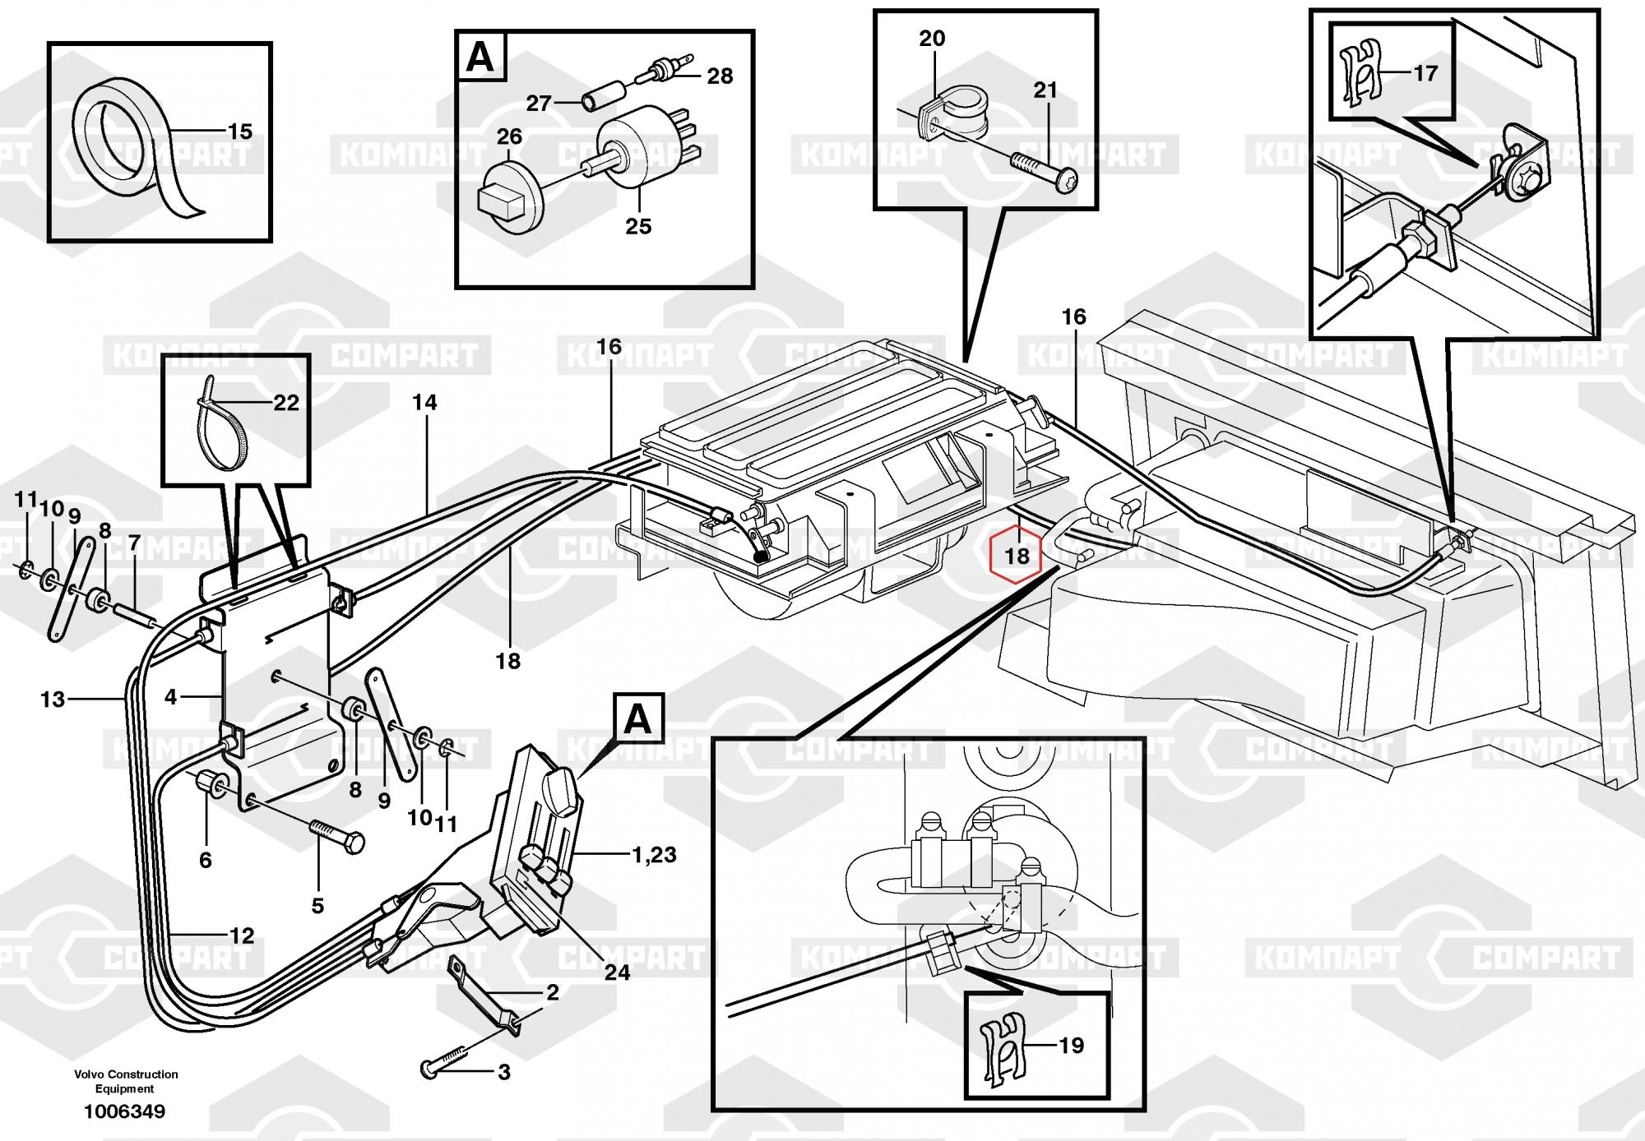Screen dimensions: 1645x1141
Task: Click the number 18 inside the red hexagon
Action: pos(1017,557)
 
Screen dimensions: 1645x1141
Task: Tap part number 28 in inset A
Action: pos(720,76)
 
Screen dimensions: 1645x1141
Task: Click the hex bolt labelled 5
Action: pos(336,829)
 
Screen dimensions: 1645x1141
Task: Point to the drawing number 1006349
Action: pos(124,1112)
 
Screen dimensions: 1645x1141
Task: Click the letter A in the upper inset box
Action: pos(481,59)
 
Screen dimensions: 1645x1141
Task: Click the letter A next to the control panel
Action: pos(637,720)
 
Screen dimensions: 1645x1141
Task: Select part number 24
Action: pos(617,972)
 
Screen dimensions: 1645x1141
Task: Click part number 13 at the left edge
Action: pos(53,700)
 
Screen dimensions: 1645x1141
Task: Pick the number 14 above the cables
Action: pos(424,403)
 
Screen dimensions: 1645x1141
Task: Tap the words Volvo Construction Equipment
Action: pos(126,1081)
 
